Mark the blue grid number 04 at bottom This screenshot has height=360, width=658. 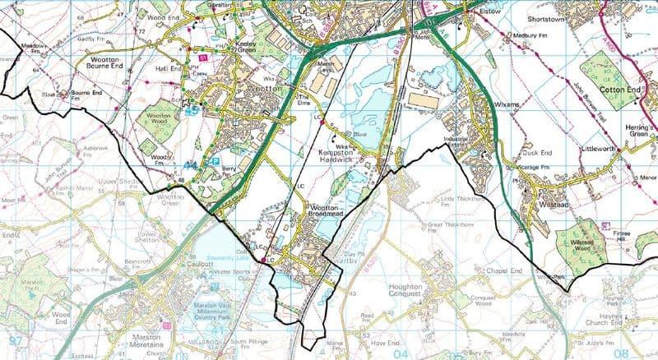(402, 353)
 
